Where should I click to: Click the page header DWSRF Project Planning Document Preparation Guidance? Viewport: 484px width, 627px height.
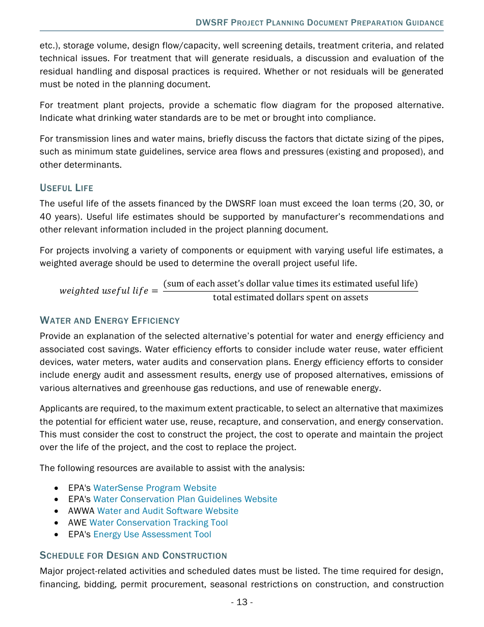tap(319, 23)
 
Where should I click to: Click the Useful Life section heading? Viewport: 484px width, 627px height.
tap(66, 188)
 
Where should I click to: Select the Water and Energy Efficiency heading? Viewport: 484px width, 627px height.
tap(110, 321)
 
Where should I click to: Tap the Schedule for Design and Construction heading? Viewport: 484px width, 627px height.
tap(133, 555)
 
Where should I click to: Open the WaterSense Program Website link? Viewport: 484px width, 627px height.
tap(154, 488)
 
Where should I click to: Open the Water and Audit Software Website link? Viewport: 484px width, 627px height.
tap(168, 511)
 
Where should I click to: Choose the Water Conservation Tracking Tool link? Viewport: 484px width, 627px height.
tap(158, 522)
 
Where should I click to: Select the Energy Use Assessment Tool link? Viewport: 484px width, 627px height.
tap(152, 534)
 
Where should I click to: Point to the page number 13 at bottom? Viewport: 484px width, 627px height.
tap(241, 602)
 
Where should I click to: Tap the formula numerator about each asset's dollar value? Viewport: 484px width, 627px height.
tap(290, 283)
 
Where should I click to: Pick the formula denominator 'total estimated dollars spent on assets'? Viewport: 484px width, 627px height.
tap(290, 297)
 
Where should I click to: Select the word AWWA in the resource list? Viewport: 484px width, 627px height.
tap(81, 511)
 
